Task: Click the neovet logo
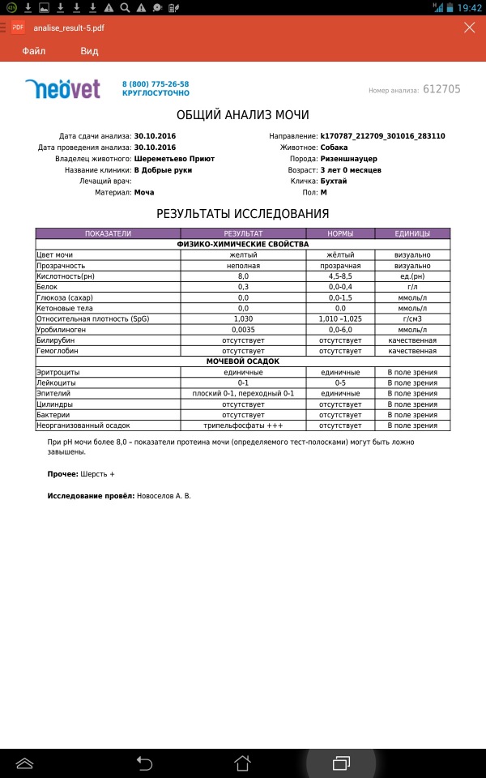(x=62, y=88)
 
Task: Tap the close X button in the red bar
(x=469, y=28)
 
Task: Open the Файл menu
(x=33, y=51)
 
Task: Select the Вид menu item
(x=89, y=51)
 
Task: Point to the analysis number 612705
(x=441, y=89)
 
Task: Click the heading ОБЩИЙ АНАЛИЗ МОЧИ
(x=242, y=115)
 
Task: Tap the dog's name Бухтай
(x=334, y=182)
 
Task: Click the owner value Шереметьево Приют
(x=174, y=159)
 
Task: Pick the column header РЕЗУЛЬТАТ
(x=243, y=233)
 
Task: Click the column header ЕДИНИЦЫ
(x=412, y=233)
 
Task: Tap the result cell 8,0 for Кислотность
(x=243, y=276)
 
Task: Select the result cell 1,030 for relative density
(x=243, y=318)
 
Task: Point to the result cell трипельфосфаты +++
(x=243, y=425)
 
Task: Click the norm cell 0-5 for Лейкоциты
(x=339, y=383)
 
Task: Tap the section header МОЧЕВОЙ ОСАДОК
(x=243, y=361)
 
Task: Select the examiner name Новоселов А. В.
(x=163, y=494)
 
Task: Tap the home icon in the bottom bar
(x=242, y=763)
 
